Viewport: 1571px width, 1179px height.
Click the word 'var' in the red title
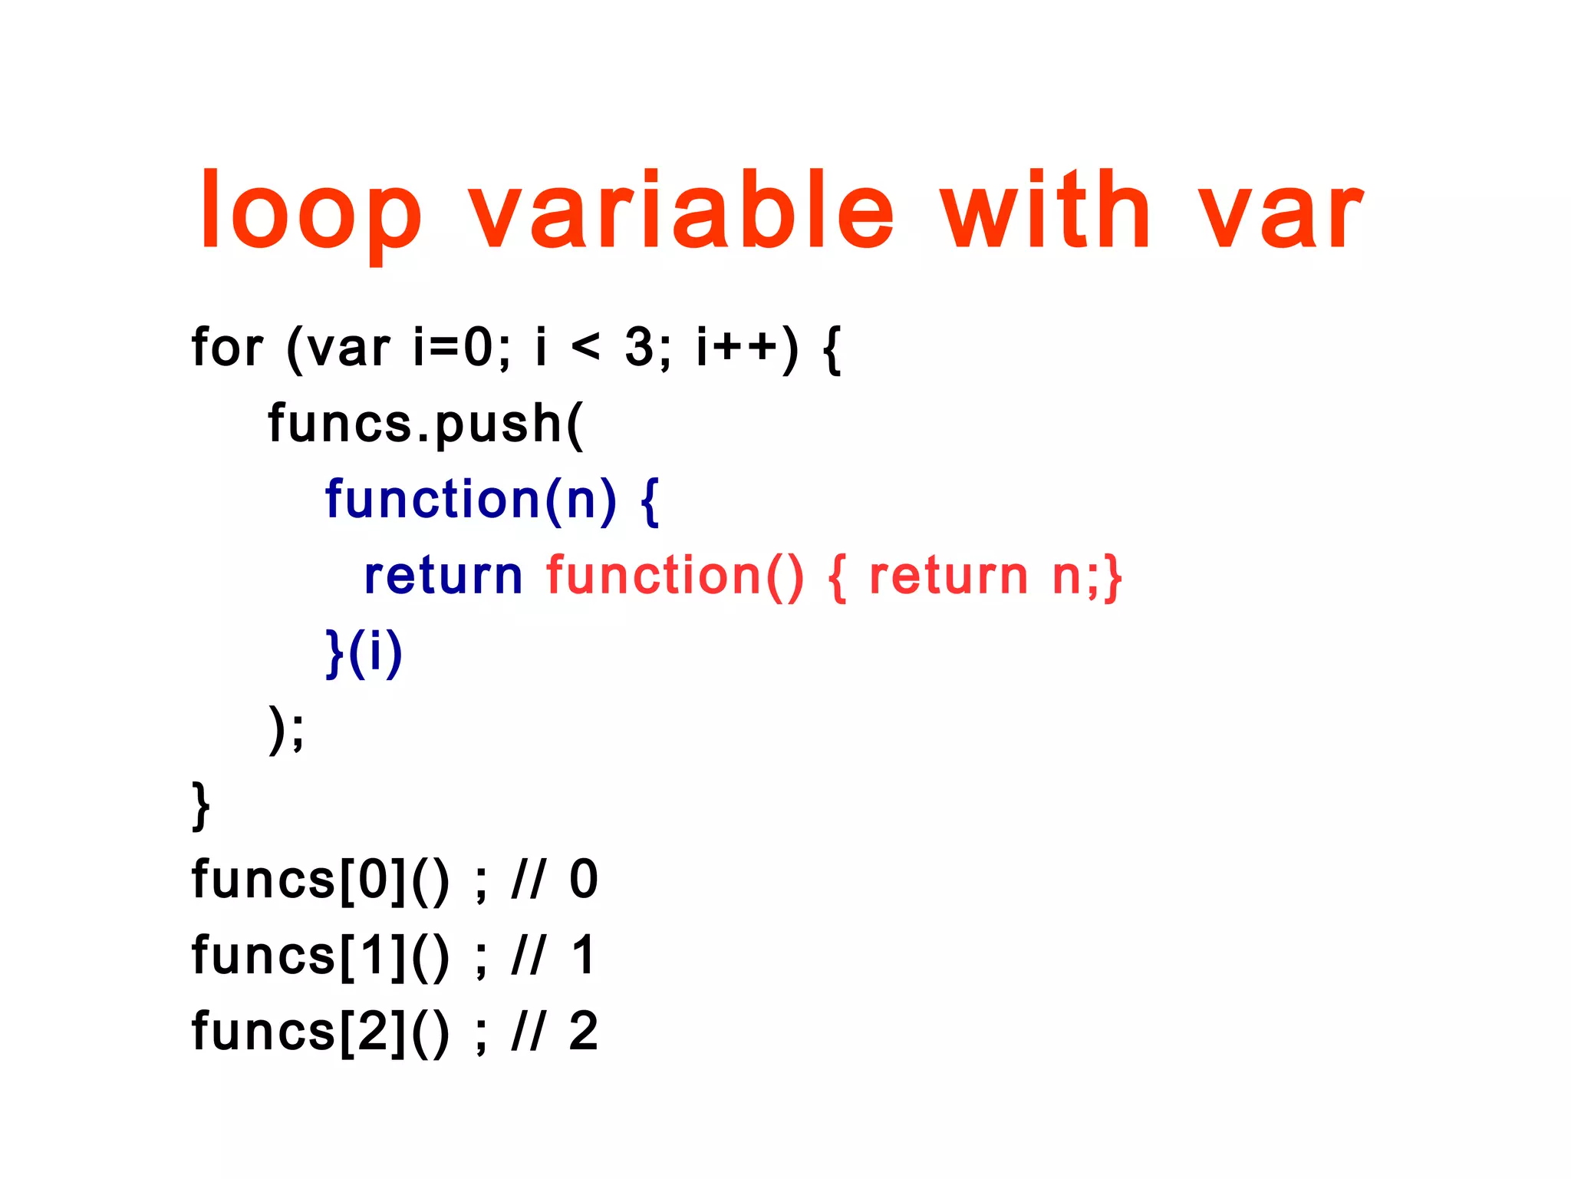click(1280, 214)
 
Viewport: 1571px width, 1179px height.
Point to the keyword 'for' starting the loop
click(227, 348)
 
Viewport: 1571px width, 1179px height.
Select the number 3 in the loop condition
click(639, 347)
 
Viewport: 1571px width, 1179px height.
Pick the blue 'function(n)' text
click(470, 500)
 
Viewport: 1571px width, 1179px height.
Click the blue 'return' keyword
click(443, 576)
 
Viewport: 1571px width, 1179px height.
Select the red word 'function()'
click(675, 576)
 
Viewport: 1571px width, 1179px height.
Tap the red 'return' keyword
click(948, 576)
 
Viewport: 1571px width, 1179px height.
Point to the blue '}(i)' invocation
click(364, 652)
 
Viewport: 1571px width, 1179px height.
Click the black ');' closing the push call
click(286, 728)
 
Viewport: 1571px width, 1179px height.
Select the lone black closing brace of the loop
click(201, 805)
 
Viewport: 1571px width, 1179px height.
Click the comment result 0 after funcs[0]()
click(583, 880)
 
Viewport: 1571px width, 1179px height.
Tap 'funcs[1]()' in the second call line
click(320, 956)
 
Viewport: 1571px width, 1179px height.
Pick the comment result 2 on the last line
click(583, 1032)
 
